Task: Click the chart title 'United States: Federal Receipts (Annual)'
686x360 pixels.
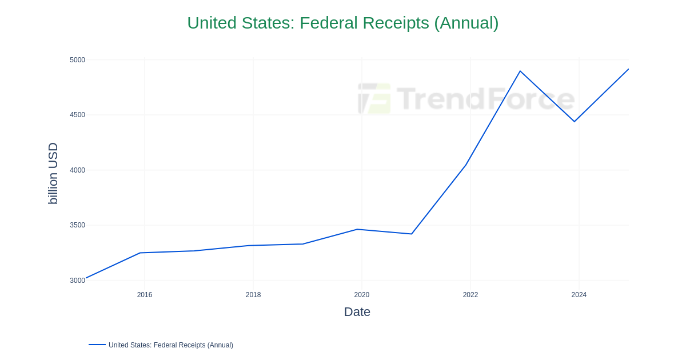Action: [342, 23]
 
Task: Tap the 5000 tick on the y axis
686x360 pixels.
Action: [77, 60]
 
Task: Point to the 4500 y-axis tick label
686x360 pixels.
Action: [77, 115]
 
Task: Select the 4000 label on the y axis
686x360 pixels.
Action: [77, 170]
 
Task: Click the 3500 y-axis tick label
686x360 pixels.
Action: [77, 225]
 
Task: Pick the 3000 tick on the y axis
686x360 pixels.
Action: [77, 281]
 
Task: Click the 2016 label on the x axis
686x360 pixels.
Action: [145, 295]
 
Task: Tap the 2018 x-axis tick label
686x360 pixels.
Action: [253, 295]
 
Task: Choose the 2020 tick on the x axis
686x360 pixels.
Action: [362, 295]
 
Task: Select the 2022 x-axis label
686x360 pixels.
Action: [470, 295]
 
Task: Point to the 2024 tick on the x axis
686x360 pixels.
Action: [579, 295]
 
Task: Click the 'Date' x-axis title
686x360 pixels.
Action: [357, 312]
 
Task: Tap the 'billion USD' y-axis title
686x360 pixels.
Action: [53, 173]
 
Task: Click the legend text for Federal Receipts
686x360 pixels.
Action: [171, 345]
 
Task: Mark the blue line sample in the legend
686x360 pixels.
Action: [97, 345]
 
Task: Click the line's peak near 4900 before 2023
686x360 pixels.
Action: [520, 71]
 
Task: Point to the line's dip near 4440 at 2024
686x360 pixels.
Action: [575, 121]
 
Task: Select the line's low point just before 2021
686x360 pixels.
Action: [412, 234]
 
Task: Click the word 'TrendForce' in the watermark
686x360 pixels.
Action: [485, 98]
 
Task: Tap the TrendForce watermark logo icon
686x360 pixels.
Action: [374, 98]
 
